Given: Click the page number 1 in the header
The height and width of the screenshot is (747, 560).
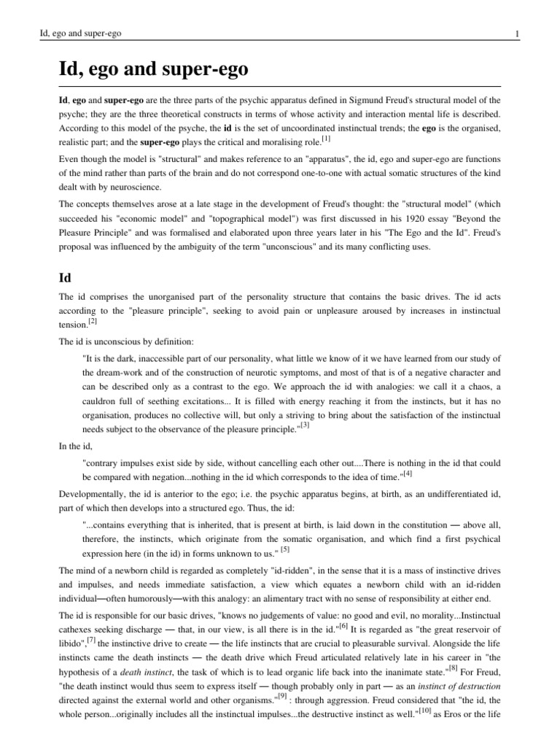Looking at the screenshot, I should pos(516,34).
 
